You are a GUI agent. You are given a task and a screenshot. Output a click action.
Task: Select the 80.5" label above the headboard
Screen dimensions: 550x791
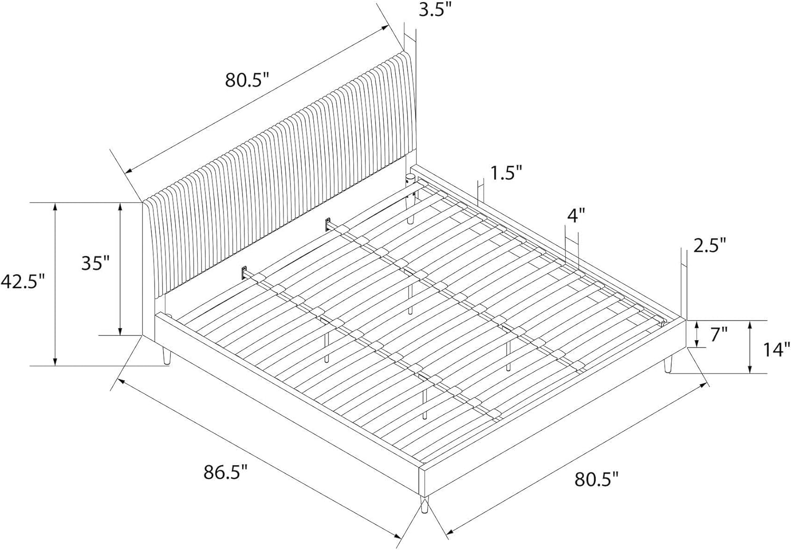pyautogui.click(x=247, y=80)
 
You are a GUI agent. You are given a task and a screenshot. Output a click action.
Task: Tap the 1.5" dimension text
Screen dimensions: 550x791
pyautogui.click(x=506, y=172)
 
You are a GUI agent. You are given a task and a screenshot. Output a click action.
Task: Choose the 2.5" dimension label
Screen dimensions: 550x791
pyautogui.click(x=710, y=245)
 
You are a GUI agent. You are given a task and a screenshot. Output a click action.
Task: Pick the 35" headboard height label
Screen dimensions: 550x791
pyautogui.click(x=95, y=262)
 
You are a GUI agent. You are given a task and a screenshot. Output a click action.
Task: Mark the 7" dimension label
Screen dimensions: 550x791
pyautogui.click(x=718, y=334)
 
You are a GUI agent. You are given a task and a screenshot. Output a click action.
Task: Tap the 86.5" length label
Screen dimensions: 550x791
pyautogui.click(x=226, y=472)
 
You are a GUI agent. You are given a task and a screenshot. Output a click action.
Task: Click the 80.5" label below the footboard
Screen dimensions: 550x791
pyautogui.click(x=596, y=479)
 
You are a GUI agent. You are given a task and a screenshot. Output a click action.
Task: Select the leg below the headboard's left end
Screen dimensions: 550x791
pyautogui.click(x=167, y=356)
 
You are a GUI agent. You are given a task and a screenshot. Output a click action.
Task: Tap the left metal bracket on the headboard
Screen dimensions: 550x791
pyautogui.click(x=245, y=273)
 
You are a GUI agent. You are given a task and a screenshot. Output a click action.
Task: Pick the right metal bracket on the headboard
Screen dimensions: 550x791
pyautogui.click(x=329, y=223)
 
